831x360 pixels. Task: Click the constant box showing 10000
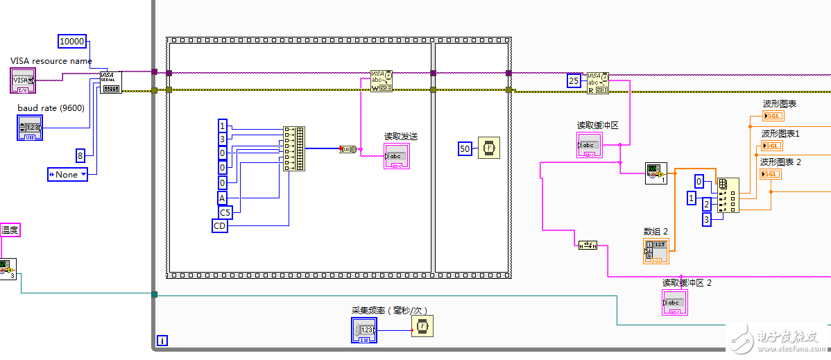pyautogui.click(x=72, y=42)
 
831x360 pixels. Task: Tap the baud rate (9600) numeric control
pyautogui.click(x=30, y=128)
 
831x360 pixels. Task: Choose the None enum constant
pyautogui.click(x=67, y=174)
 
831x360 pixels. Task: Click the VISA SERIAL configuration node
pyautogui.click(x=110, y=81)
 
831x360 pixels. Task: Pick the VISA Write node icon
pyautogui.click(x=381, y=81)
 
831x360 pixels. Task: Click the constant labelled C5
pyautogui.click(x=225, y=212)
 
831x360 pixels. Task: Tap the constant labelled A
pyautogui.click(x=222, y=198)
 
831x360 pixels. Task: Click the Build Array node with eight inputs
pyautogui.click(x=294, y=148)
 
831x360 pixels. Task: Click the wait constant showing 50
pyautogui.click(x=465, y=148)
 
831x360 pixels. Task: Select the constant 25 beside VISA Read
pyautogui.click(x=574, y=81)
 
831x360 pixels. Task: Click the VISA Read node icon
pyautogui.click(x=597, y=82)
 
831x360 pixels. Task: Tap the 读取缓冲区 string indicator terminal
pyautogui.click(x=588, y=145)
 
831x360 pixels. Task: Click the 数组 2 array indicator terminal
pyautogui.click(x=656, y=250)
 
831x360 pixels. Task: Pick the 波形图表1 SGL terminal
pyautogui.click(x=771, y=145)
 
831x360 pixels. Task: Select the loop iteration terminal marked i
pyautogui.click(x=162, y=340)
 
